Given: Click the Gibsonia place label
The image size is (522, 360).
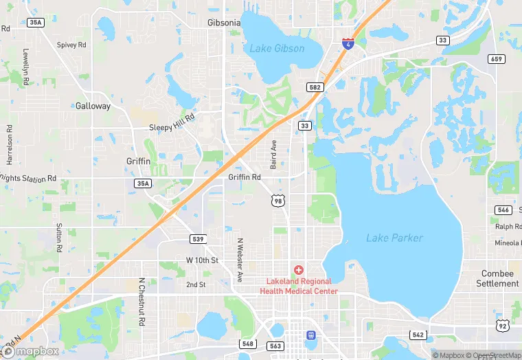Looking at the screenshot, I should (x=224, y=23).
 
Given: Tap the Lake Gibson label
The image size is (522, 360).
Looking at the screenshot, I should (x=277, y=49).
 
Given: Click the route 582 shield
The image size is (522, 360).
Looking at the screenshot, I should (x=315, y=87).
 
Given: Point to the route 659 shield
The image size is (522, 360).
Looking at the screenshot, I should (x=497, y=59).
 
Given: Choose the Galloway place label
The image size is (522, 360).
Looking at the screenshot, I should (x=93, y=106).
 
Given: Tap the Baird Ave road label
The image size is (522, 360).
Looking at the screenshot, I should (x=273, y=155).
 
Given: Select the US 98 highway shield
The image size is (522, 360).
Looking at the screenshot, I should (x=277, y=200).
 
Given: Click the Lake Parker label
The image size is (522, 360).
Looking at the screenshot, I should (x=394, y=238).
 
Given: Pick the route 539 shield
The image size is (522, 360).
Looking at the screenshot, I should (x=198, y=238).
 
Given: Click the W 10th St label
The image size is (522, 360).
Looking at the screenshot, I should (x=202, y=260).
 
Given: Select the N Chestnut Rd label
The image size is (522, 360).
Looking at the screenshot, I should (x=141, y=302).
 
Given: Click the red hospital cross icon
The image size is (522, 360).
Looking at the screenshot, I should (x=299, y=270).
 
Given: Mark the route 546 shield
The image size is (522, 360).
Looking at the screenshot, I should (x=503, y=210).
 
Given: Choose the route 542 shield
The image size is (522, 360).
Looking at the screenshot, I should (x=418, y=335).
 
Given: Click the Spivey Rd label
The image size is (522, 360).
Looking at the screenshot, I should (x=71, y=45).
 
